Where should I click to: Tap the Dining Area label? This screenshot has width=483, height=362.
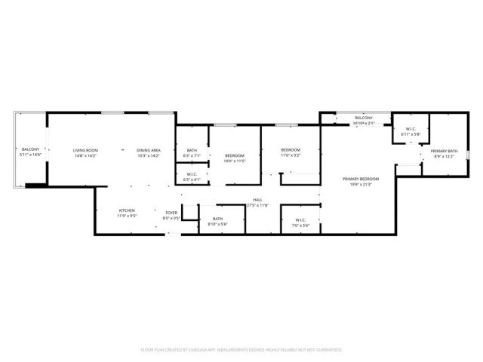coord(148,150)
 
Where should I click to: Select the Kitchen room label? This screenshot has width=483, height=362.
coord(127,210)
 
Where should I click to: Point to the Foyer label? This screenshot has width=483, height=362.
coord(171,213)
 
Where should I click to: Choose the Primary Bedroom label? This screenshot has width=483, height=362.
coord(360,178)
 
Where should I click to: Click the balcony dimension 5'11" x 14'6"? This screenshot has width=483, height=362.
coord(30,155)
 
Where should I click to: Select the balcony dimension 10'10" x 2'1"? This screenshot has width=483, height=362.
coord(364,123)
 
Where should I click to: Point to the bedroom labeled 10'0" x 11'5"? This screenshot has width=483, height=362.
coord(235,156)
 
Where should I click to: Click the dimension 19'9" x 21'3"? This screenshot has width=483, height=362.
coord(360,183)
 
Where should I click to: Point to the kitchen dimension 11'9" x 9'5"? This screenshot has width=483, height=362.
coord(127,216)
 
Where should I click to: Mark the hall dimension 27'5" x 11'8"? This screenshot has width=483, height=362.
coord(257,205)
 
